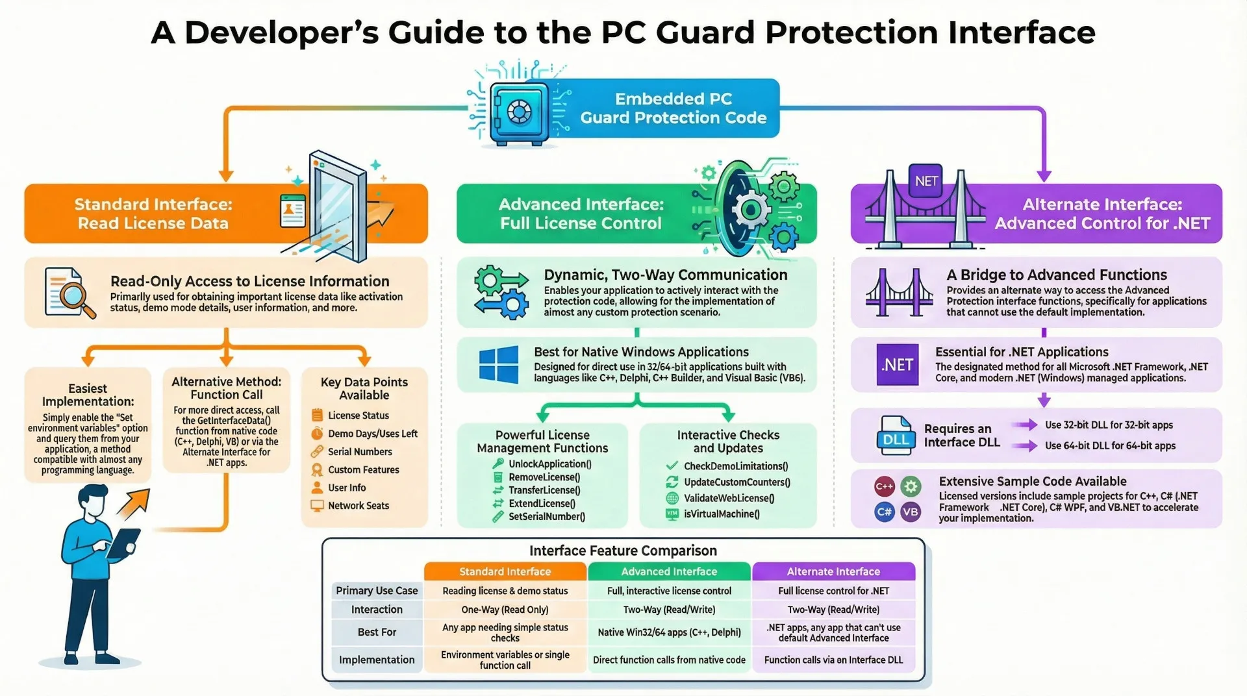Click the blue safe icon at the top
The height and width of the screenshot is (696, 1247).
518,112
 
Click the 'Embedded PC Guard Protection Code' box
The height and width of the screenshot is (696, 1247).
672,108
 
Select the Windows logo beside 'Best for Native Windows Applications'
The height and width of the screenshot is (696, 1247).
498,364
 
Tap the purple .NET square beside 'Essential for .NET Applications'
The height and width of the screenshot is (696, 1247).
897,365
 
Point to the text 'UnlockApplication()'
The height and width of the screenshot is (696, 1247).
549,464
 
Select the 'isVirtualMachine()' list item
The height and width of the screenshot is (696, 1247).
721,514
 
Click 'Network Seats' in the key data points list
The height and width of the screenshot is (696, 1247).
358,506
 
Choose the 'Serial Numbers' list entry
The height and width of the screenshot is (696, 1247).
359,452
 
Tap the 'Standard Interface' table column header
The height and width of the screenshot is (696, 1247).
505,571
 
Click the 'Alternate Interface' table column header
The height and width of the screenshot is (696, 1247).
833,571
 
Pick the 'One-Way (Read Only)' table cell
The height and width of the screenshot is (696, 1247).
505,610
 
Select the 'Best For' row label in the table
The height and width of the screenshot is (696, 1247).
377,632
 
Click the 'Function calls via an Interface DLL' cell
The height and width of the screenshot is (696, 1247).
833,660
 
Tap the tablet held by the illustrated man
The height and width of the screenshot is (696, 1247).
123,543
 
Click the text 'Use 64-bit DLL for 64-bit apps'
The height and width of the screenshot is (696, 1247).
1110,446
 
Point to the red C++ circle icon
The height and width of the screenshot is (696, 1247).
884,486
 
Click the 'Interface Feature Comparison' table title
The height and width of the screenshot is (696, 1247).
623,551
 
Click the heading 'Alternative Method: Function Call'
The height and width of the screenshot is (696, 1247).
226,388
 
